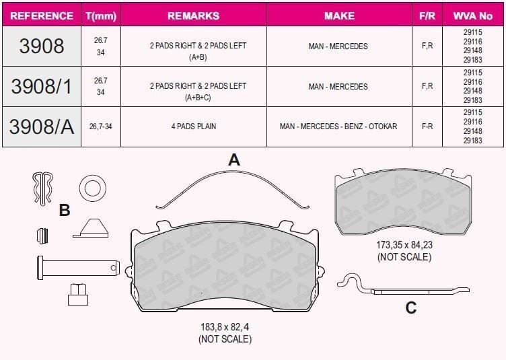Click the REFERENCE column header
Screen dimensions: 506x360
[x=42, y=15]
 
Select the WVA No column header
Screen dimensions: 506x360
[x=473, y=15]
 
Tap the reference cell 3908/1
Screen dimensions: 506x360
[x=42, y=86]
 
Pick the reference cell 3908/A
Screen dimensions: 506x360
[x=42, y=127]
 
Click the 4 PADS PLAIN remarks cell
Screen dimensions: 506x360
[x=194, y=126]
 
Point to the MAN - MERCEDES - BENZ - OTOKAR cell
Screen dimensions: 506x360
[x=338, y=126]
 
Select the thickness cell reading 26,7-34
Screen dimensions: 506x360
[x=101, y=127]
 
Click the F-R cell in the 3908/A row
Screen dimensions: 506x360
[x=427, y=126]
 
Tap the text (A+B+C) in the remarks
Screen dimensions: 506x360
[x=198, y=98]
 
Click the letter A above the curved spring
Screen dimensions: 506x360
[x=234, y=159]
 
